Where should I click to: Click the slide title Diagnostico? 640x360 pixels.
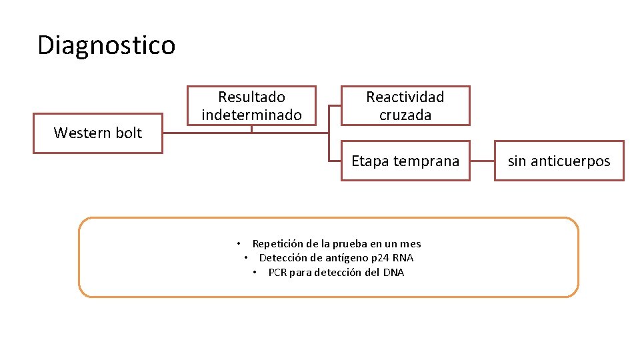107,45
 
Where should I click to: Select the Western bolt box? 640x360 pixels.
98,133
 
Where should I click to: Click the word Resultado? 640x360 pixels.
251,97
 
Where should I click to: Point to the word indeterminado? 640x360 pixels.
251,115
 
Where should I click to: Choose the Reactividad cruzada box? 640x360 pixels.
405,105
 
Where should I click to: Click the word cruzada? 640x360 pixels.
405,115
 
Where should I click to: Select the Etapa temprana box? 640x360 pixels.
405,161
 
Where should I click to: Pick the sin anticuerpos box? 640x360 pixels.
559,161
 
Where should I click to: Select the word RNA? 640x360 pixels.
403,258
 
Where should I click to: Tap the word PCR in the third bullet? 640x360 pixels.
277,272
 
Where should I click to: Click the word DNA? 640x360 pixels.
393,272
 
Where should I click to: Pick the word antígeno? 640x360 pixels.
347,258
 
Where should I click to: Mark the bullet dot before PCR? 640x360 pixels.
255,272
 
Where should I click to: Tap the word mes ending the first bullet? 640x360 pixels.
411,244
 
